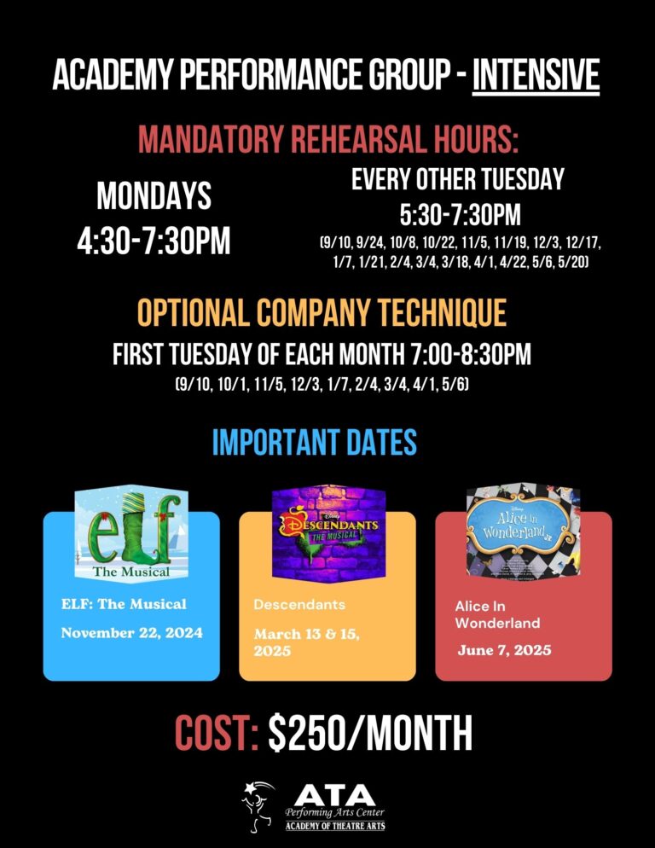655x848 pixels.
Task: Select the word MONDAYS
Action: [x=154, y=197]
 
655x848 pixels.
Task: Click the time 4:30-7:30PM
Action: [x=154, y=240]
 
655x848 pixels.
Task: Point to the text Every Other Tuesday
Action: [x=458, y=179]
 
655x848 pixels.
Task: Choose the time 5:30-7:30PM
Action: [x=460, y=214]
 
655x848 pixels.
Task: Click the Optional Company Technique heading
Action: [x=322, y=313]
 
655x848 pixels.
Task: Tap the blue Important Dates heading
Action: [x=314, y=442]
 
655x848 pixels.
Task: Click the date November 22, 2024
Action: [x=131, y=632]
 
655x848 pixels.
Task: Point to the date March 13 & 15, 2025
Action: [x=306, y=642]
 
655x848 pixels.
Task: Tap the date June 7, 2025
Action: [x=504, y=650]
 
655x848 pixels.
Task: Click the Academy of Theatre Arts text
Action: [x=334, y=826]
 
